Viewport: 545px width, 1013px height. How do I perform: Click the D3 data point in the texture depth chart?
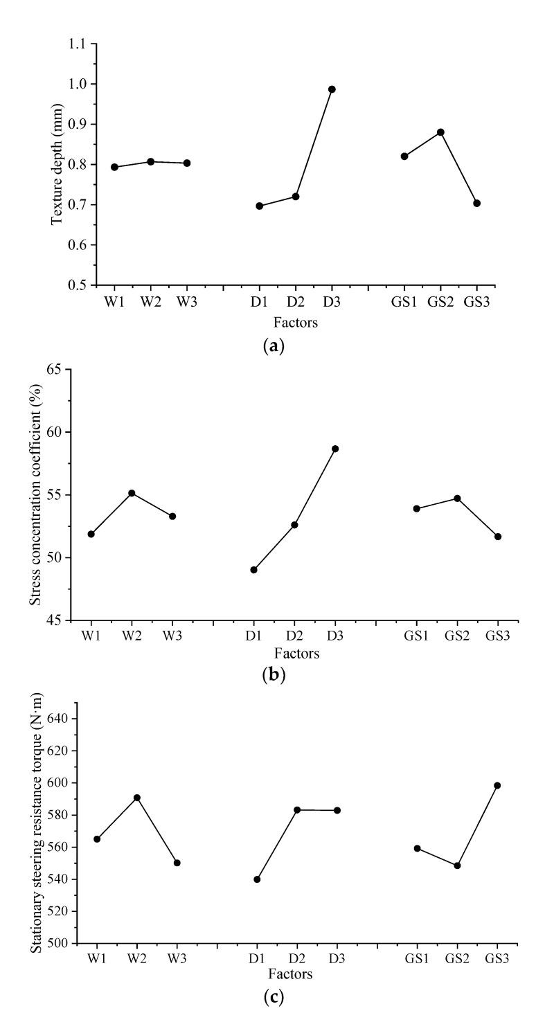click(x=332, y=89)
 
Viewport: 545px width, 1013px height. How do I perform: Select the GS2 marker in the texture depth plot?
click(x=440, y=132)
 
